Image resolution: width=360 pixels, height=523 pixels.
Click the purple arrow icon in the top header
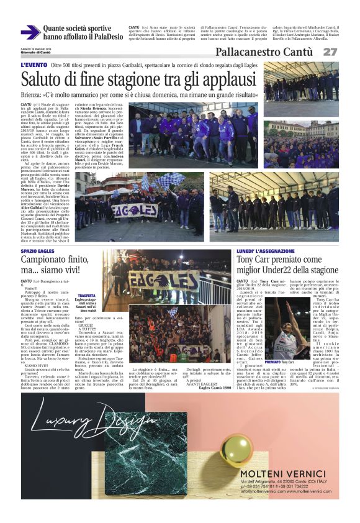point(30,32)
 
